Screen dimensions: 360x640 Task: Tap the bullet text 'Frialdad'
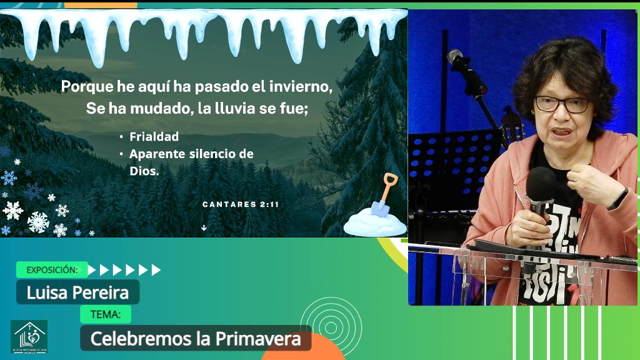[x=154, y=137]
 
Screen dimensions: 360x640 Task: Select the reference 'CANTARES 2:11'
[x=241, y=204]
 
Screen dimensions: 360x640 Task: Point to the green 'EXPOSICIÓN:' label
[x=52, y=270]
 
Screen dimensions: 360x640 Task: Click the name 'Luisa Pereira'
[x=77, y=292]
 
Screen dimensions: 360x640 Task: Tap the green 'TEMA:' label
[x=106, y=314]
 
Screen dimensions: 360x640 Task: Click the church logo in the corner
[x=29, y=337]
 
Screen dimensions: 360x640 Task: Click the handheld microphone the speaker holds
[x=539, y=187]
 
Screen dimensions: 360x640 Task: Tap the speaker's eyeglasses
[x=561, y=104]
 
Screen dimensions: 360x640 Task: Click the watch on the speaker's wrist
[x=619, y=198]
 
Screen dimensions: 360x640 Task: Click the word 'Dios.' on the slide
[x=144, y=170]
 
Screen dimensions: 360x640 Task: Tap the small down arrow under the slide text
[x=204, y=228]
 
